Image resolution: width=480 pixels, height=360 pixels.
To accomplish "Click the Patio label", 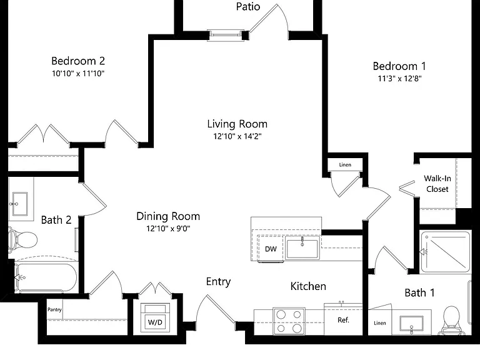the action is point(248,6).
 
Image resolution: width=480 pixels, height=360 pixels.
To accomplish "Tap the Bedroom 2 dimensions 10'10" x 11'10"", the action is point(78,74).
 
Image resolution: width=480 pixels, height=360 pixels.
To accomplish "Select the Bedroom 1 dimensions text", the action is point(399,79).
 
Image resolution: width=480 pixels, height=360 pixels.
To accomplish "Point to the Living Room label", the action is point(237,124).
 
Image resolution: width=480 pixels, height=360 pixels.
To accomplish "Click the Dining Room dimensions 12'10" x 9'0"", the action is point(168,228).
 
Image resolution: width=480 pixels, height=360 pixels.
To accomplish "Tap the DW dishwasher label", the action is point(271,249).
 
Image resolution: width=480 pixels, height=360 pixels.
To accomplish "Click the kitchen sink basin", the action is point(302,248).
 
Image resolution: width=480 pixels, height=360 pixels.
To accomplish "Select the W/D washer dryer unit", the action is point(155,317).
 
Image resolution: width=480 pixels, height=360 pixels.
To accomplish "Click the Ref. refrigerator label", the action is point(343,320).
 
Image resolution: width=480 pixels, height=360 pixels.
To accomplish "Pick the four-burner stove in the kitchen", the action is point(289,321).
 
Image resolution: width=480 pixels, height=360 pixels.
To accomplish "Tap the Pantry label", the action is point(54,309).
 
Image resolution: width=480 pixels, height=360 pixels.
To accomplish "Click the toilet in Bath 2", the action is point(22,239).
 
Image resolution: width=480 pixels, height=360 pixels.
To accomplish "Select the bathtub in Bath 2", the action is point(45,277).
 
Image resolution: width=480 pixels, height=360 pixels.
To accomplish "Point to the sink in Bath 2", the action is point(20,204).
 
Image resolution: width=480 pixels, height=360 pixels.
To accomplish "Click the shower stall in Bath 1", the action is point(445,252).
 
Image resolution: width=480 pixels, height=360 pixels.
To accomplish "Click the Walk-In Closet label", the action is point(437,184).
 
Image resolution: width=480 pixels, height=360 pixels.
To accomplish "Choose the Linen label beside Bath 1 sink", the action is point(379,323).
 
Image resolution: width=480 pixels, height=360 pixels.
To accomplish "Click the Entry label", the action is point(218,282).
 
